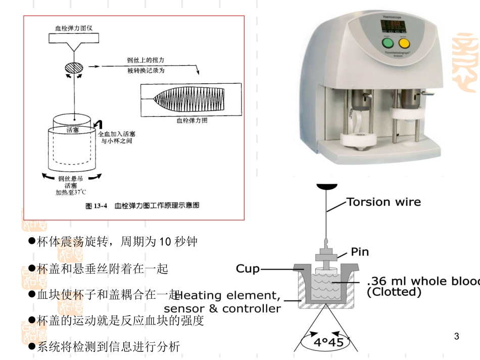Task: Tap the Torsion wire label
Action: tap(383, 202)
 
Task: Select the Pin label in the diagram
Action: tap(360, 251)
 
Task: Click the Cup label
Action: tap(248, 269)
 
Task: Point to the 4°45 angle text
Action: tap(328, 342)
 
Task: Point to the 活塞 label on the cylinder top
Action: tap(73, 130)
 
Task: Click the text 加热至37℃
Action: tap(71, 192)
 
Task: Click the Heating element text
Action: tap(227, 295)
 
